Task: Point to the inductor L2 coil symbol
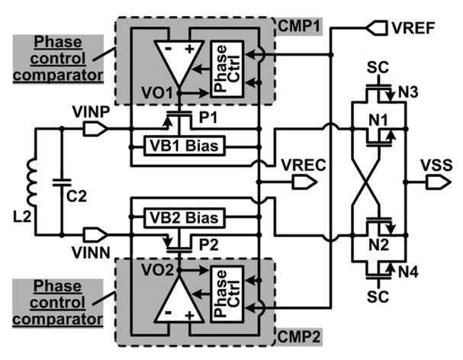(x=33, y=181)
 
